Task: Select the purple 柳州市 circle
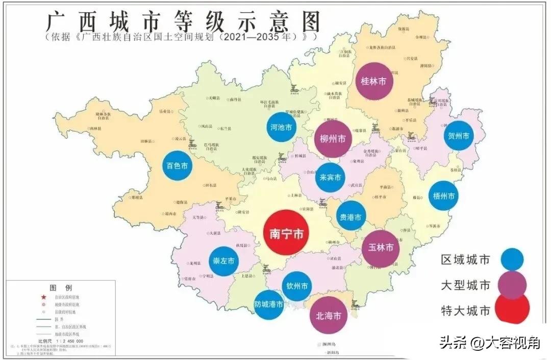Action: [x=333, y=138]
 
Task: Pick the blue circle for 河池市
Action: [x=282, y=127]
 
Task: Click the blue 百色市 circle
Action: [x=178, y=165]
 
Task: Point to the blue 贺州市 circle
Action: [x=458, y=135]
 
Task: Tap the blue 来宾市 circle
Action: [x=330, y=177]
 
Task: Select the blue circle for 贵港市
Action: [x=351, y=217]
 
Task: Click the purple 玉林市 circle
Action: [x=381, y=248]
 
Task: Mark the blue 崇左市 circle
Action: [x=224, y=260]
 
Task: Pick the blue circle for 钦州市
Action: [x=297, y=286]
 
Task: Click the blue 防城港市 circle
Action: [x=269, y=304]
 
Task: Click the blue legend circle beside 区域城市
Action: [x=512, y=259]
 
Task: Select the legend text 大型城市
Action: [x=465, y=285]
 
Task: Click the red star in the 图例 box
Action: [x=43, y=297]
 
